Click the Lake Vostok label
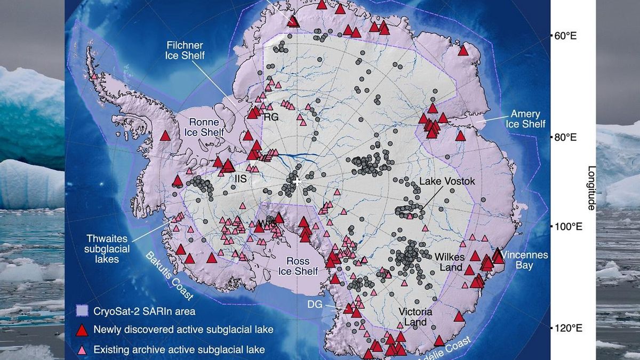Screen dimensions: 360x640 coord(446,181)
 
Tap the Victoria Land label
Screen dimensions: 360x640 coord(415,317)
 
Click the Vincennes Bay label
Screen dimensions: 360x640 coord(524,260)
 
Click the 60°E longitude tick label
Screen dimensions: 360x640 coord(566,36)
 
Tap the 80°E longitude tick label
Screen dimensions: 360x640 coord(566,138)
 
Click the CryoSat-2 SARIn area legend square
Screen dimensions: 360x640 coord(82,310)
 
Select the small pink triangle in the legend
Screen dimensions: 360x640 coord(82,350)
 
